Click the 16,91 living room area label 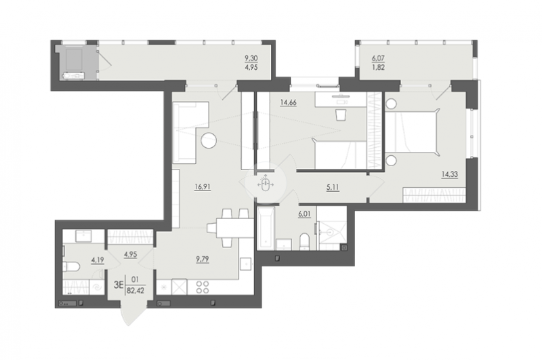point(203,187)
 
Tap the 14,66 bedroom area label point(289,102)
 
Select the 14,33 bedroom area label point(449,174)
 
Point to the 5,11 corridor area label point(333,188)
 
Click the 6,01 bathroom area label point(304,214)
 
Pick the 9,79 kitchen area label point(202,259)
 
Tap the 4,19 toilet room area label point(98,260)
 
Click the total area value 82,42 point(135,290)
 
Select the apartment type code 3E point(119,285)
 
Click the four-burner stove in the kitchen point(203,287)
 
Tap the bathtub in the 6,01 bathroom point(266,228)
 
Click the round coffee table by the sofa point(209,141)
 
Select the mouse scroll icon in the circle point(266,184)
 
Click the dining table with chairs point(230,228)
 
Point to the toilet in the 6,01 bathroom point(304,241)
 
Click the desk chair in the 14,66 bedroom point(341,115)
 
